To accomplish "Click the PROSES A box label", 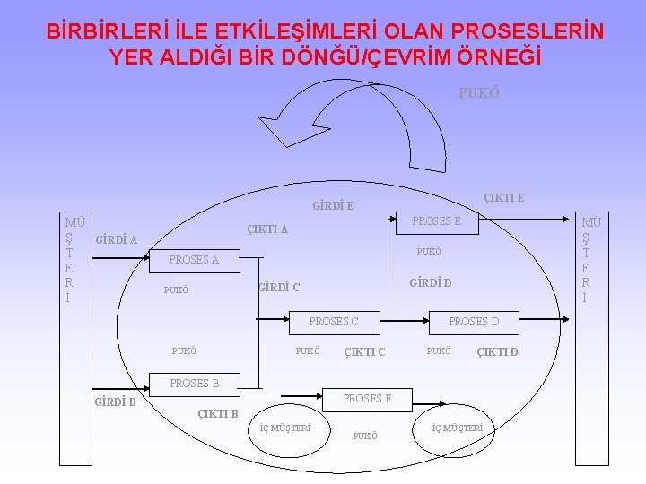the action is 194,260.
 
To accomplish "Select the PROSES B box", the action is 195,384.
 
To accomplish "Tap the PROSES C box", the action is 333,321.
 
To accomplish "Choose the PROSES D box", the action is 474,321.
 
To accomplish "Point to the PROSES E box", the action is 436,221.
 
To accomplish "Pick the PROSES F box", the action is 367,399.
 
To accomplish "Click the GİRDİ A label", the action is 116,239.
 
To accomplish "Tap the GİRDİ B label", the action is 115,402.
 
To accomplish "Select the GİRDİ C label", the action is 278,288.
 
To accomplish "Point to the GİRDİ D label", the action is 430,283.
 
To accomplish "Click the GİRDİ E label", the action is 333,206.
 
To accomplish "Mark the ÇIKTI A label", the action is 267,229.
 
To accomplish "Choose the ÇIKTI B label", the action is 217,413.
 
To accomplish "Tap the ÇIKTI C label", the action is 364,351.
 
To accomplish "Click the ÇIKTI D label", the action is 497,351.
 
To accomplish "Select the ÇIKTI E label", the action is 504,197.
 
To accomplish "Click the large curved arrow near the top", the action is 359,121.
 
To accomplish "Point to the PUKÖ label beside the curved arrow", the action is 478,93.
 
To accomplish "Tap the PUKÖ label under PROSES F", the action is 365,436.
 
